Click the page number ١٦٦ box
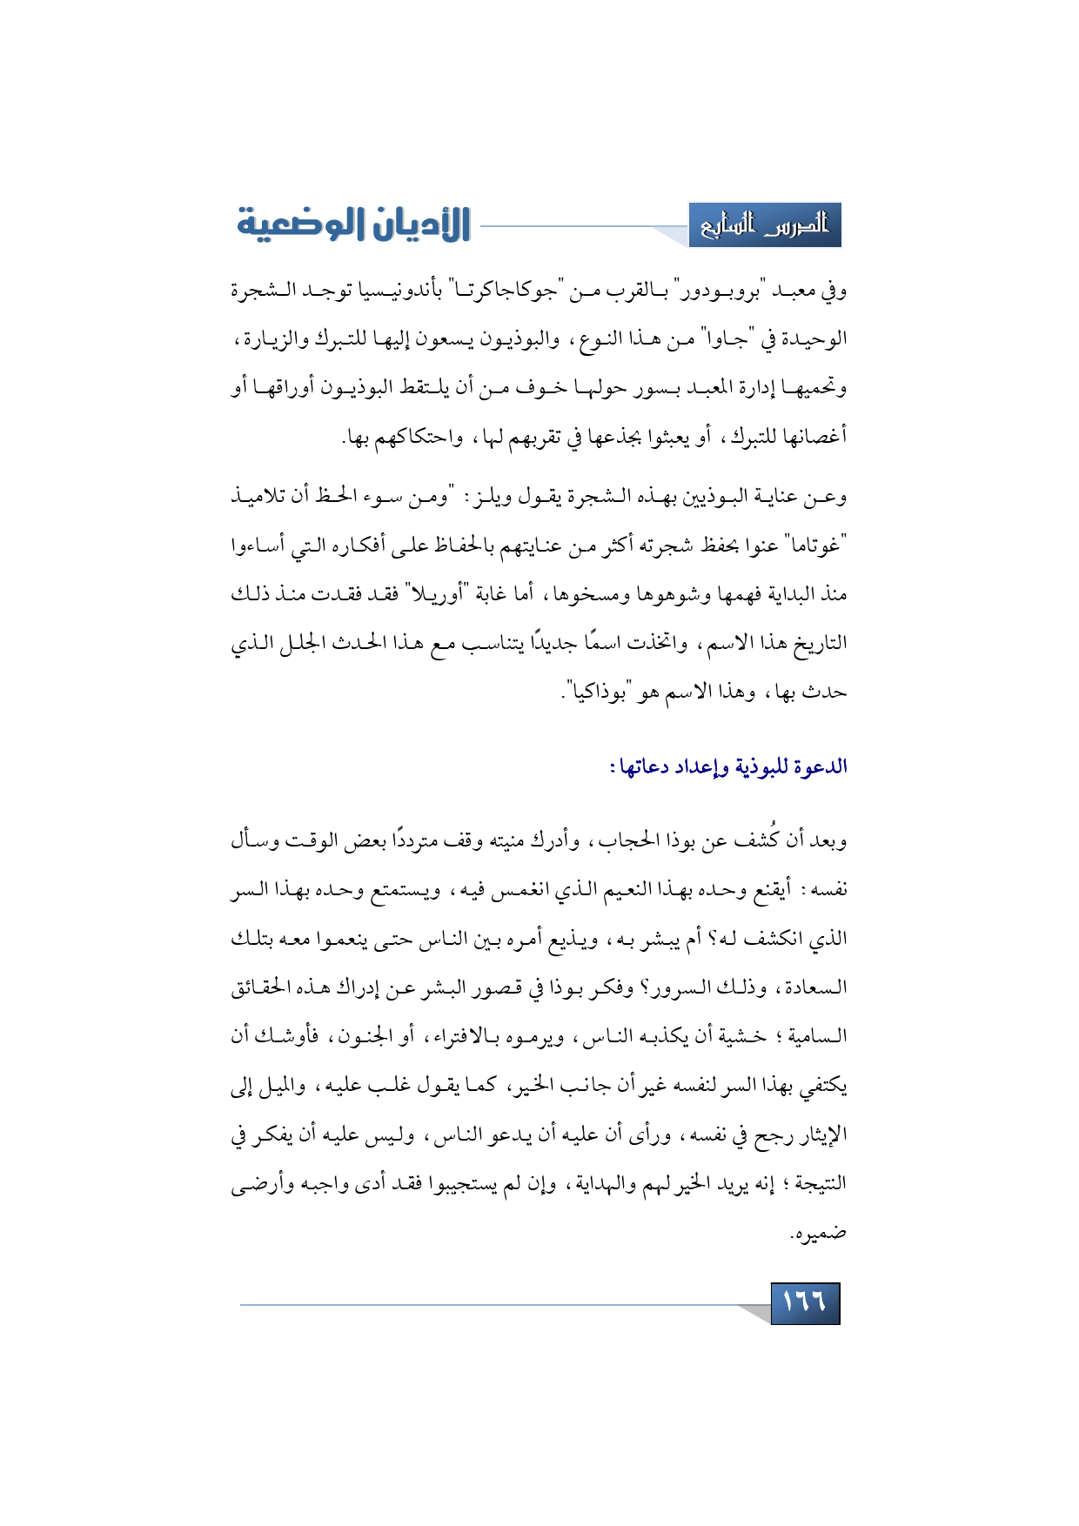(805, 1302)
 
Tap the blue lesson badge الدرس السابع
(765, 225)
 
